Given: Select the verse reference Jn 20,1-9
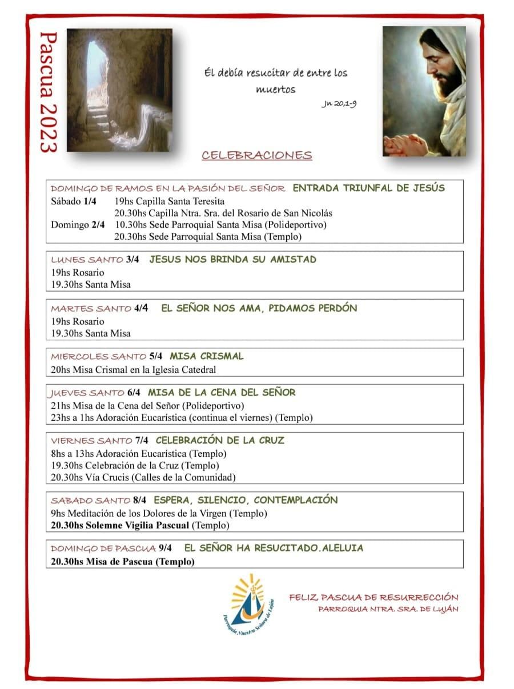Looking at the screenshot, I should (x=339, y=104).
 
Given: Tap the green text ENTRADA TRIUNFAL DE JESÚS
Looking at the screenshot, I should (x=368, y=188).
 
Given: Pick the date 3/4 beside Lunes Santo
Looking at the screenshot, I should (x=132, y=259).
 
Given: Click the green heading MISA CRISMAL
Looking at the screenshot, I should (x=206, y=356).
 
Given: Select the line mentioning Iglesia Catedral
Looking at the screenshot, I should (x=134, y=369).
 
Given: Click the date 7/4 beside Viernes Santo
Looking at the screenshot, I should (x=142, y=441).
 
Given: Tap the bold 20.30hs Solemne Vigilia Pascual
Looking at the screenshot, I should (x=120, y=525).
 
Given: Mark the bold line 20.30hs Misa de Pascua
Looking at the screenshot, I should (x=122, y=561).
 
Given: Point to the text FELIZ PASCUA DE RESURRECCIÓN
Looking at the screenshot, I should (x=374, y=598).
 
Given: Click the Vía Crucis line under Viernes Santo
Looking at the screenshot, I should (x=143, y=477).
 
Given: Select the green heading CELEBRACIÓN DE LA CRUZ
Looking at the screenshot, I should (x=219, y=440).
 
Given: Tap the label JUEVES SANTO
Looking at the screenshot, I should (x=87, y=393).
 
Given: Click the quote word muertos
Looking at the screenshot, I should (x=276, y=90).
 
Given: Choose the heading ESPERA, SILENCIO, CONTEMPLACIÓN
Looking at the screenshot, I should (x=246, y=500).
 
